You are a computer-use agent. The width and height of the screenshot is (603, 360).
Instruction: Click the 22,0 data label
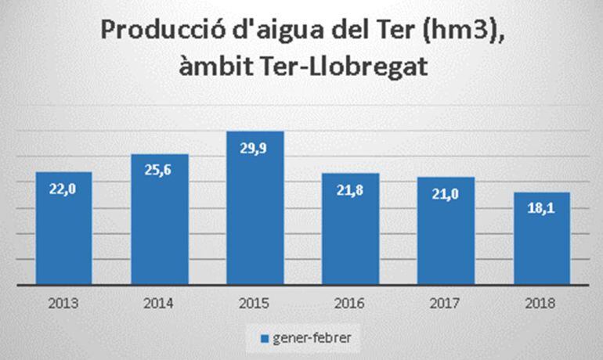(63, 188)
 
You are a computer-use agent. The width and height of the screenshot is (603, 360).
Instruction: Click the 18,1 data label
(542, 209)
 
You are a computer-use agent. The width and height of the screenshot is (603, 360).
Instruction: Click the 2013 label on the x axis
(63, 303)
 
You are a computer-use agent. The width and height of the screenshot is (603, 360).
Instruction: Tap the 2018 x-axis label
(542, 303)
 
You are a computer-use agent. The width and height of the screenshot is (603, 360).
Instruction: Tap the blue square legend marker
(263, 339)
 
